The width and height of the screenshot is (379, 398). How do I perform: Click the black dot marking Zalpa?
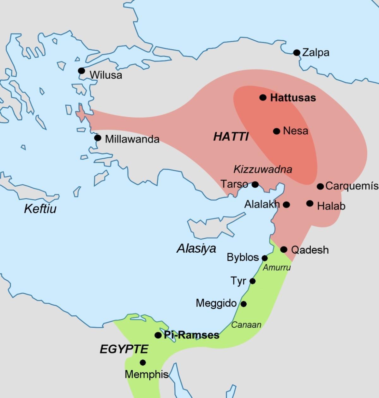point(297,53)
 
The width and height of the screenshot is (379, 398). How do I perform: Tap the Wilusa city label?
point(105,75)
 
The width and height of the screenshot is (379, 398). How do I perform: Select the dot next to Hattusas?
point(263,97)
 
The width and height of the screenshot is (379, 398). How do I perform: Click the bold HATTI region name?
point(231,137)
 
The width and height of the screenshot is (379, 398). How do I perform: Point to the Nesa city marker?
point(276,131)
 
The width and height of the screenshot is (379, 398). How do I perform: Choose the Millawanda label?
point(132,139)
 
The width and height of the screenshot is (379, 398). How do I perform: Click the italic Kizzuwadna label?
point(262,169)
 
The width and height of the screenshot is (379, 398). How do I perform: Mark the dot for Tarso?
point(255,184)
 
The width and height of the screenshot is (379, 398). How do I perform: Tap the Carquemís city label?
point(352,186)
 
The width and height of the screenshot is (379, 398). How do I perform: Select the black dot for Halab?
point(310,203)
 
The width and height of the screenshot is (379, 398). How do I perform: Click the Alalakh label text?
point(262,204)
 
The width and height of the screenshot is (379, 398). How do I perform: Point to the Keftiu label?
point(40,208)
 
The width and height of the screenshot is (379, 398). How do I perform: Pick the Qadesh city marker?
point(284,249)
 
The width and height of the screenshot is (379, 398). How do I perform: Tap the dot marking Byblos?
point(265,258)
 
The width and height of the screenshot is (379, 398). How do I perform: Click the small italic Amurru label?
point(276,267)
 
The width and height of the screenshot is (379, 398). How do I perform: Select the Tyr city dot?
point(252,281)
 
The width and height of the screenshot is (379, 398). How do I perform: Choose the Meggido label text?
point(216,303)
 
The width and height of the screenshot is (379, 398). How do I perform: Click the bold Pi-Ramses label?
point(191,335)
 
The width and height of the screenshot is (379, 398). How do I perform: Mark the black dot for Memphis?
point(143,363)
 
